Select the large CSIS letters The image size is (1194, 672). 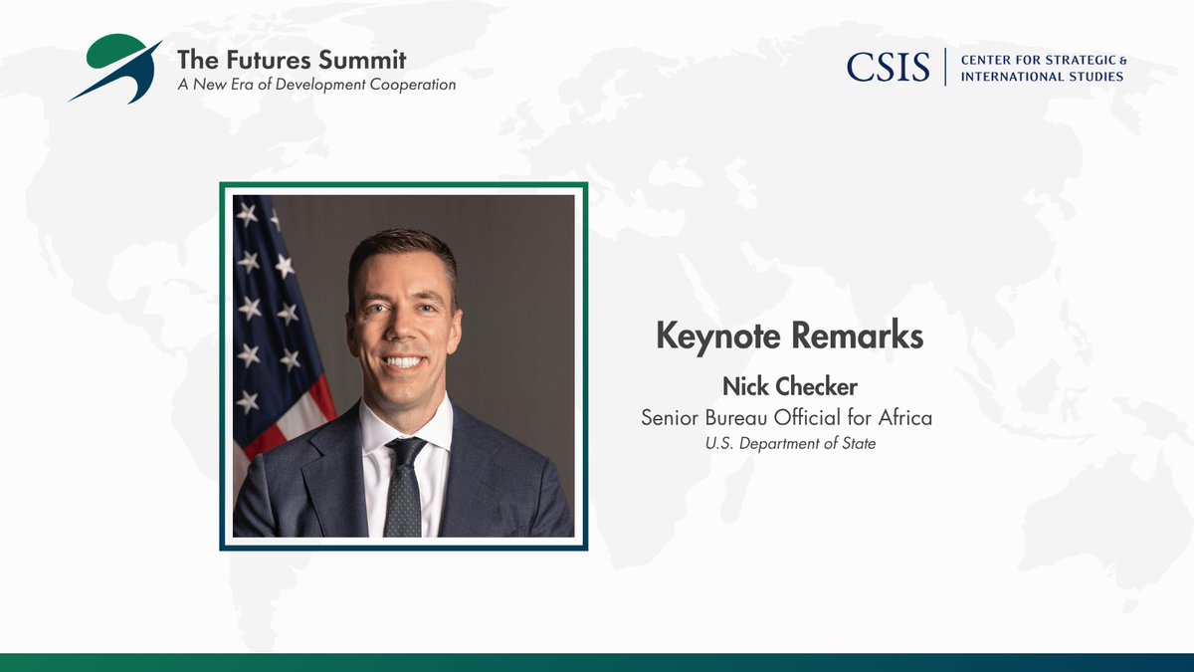coord(888,67)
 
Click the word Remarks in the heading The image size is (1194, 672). coord(858,336)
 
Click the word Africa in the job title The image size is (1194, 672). coord(903,417)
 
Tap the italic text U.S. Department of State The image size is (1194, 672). coord(790,444)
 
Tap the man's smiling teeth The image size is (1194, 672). coord(404,362)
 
